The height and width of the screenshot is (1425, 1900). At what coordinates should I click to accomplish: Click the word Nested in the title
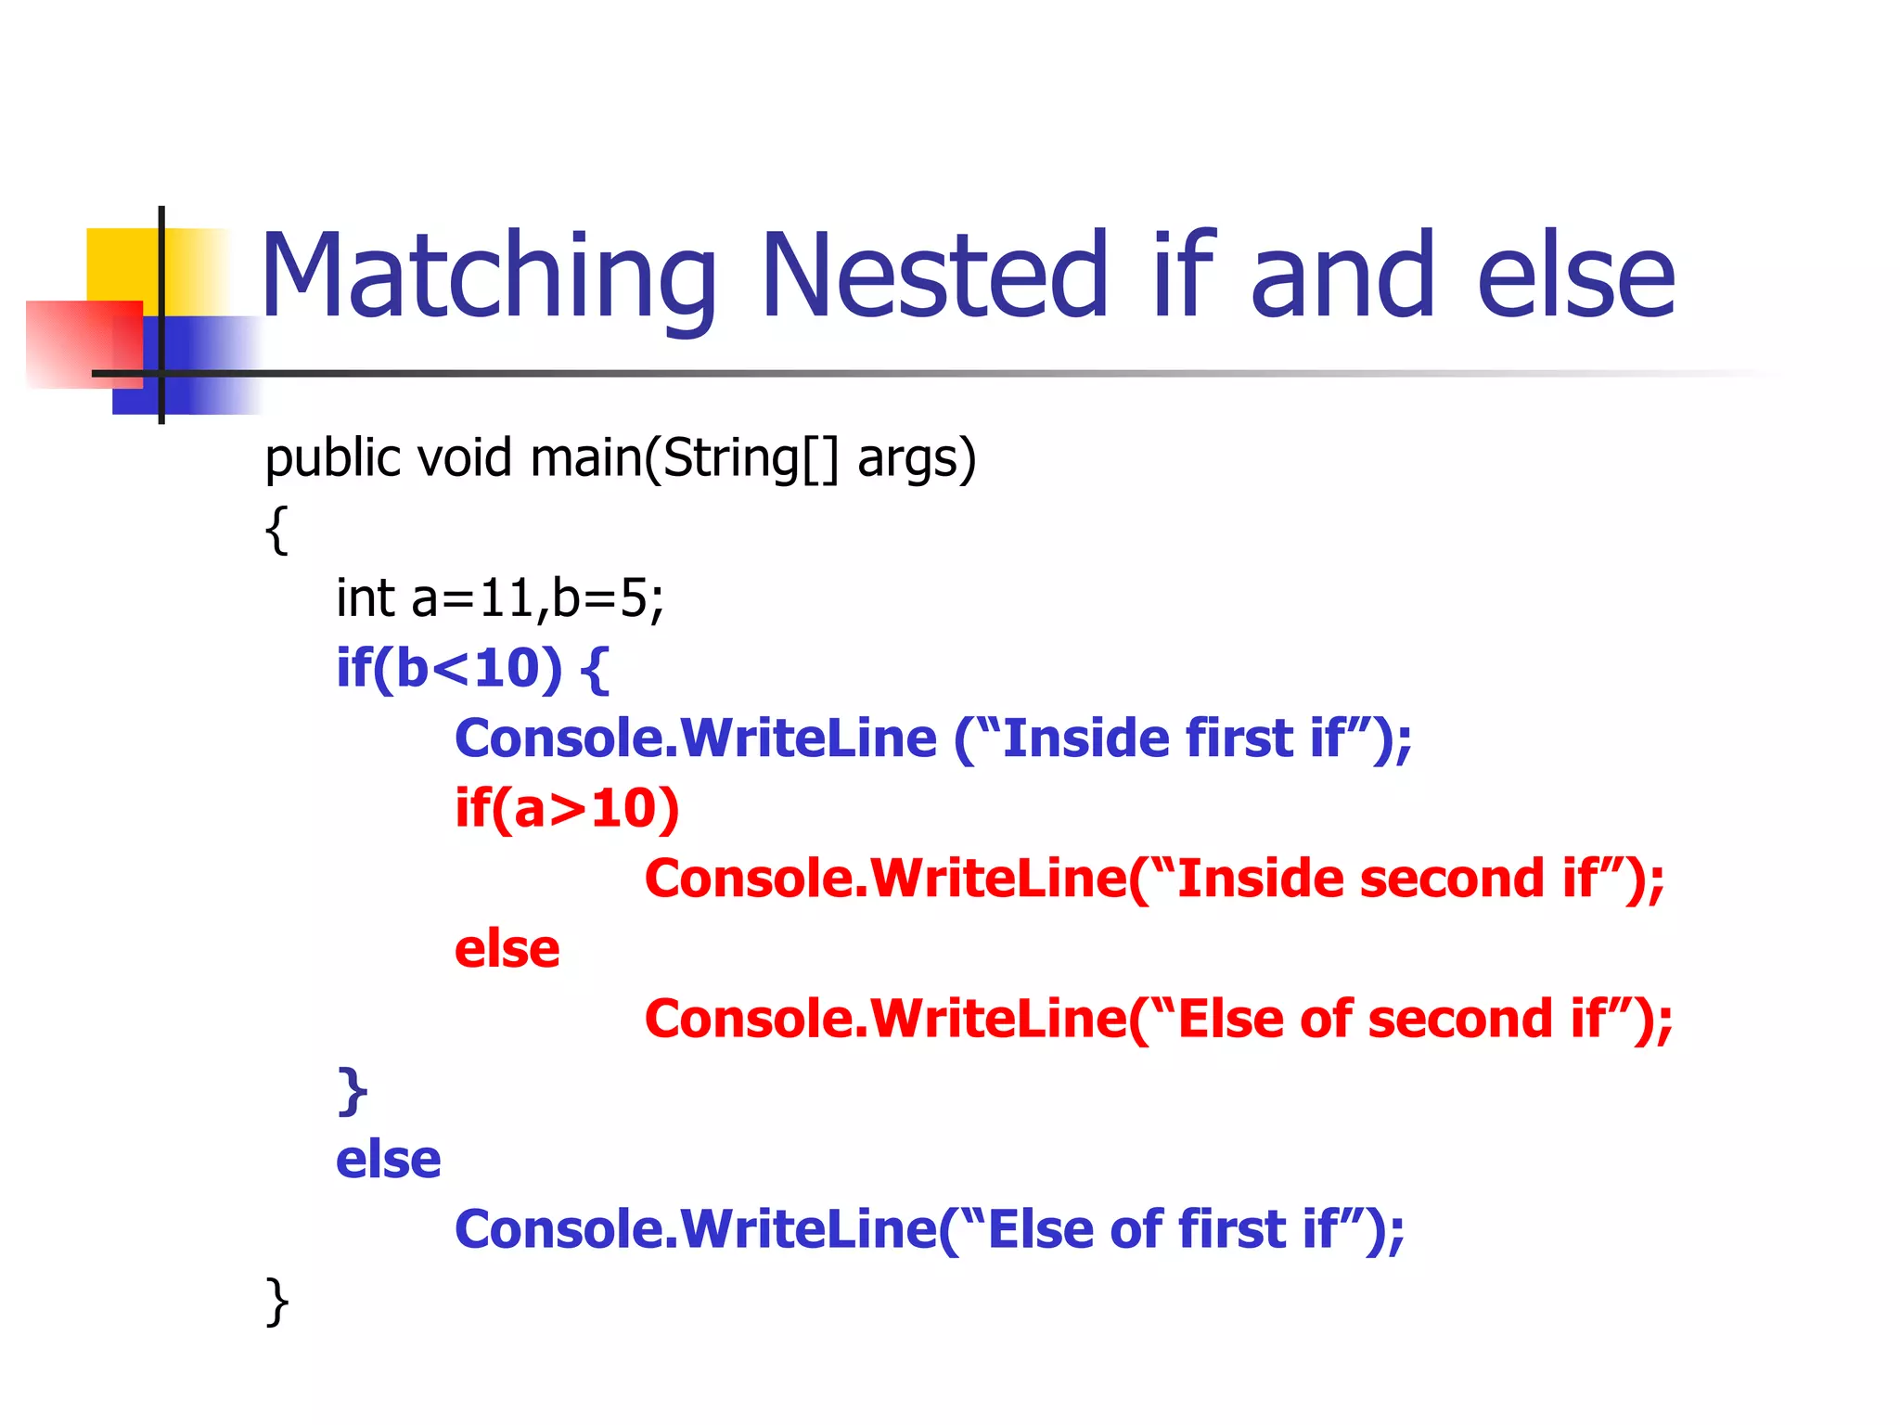pos(934,276)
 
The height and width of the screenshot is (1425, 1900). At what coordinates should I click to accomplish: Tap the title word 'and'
pos(1342,276)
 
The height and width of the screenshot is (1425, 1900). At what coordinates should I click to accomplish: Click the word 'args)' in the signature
pos(917,458)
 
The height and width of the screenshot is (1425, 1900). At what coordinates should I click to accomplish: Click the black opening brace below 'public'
pos(276,530)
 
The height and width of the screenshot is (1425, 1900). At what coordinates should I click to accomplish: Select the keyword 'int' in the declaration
pos(366,598)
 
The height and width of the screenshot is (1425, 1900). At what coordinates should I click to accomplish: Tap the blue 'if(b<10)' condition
pos(449,668)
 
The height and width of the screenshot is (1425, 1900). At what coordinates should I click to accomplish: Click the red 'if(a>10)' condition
pos(567,808)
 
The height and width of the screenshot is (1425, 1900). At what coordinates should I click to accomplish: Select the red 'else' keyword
pos(507,949)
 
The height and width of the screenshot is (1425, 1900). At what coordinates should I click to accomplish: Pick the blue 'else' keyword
pos(388,1160)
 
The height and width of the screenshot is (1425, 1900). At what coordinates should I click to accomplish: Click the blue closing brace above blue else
pos(353,1091)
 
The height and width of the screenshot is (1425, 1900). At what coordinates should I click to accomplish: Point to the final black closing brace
pos(276,1302)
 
